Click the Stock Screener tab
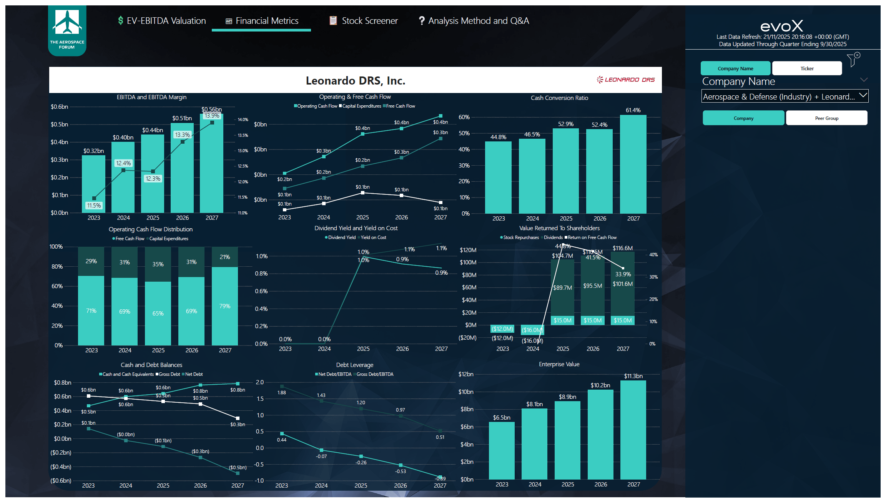pyautogui.click(x=364, y=21)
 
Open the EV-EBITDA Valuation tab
pyautogui.click(x=162, y=21)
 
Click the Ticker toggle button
pyautogui.click(x=807, y=68)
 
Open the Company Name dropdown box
pyautogui.click(x=785, y=96)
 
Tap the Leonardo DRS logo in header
pyautogui.click(x=625, y=80)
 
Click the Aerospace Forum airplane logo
pyautogui.click(x=67, y=27)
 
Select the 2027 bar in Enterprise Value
pyautogui.click(x=633, y=430)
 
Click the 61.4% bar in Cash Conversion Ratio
pyautogui.click(x=633, y=165)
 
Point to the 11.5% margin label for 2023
pyautogui.click(x=94, y=206)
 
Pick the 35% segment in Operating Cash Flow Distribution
pyautogui.click(x=158, y=264)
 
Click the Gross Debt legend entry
pyautogui.click(x=169, y=374)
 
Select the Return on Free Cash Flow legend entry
pyautogui.click(x=592, y=237)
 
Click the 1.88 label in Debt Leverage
pyautogui.click(x=282, y=393)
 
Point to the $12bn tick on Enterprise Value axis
pyautogui.click(x=466, y=374)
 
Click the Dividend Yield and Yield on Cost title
pyautogui.click(x=356, y=228)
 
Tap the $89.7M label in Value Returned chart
pyautogui.click(x=562, y=288)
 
